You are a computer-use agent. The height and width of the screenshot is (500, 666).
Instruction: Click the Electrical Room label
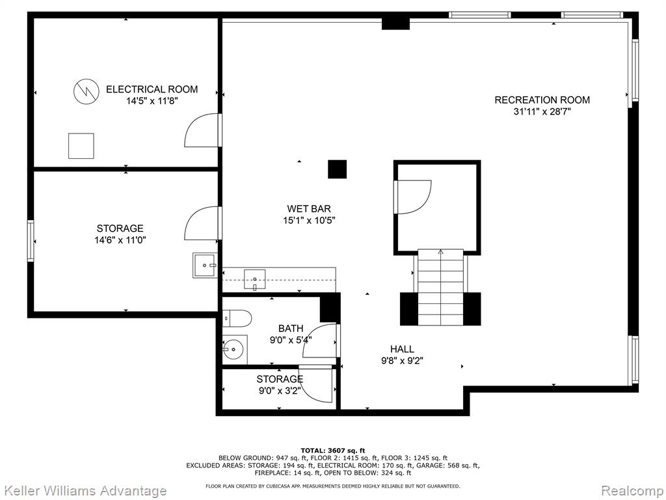coord(152,89)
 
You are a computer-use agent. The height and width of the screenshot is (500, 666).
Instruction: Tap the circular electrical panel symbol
coord(87,91)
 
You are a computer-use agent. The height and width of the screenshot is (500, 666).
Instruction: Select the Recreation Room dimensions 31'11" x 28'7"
coord(542,112)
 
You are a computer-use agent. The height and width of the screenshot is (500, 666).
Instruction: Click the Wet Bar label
coord(309,209)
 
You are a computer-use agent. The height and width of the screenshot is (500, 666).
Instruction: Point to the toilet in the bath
coord(237,318)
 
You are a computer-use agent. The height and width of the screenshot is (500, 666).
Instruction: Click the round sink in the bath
coord(233,350)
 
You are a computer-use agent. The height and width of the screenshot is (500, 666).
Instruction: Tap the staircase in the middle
coord(440,287)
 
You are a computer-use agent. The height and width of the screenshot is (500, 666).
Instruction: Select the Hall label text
coord(402,349)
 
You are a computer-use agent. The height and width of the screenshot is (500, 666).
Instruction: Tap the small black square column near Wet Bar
coord(338,169)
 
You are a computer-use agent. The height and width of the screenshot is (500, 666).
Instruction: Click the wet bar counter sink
coord(255,279)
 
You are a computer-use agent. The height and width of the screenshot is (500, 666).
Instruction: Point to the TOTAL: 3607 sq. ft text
coord(333,451)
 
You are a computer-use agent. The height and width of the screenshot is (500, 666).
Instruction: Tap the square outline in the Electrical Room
coord(81,146)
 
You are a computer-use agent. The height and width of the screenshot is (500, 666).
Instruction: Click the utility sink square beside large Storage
coord(205,266)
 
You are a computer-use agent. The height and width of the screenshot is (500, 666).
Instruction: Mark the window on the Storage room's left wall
coord(31,240)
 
